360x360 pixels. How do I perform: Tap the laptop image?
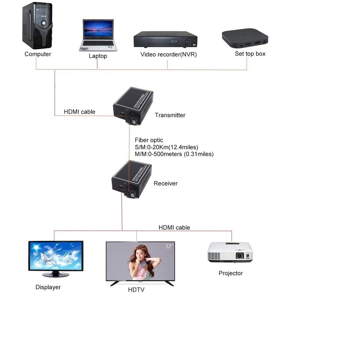pos(98,35)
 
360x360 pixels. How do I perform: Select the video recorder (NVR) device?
pos(166,39)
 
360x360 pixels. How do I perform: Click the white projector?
pos(230,252)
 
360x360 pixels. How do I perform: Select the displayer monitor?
pos(56,257)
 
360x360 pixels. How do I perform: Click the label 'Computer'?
pos(38,54)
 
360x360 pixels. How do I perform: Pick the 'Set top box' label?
pos(250,54)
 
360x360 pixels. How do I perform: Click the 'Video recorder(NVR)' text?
pos(168,55)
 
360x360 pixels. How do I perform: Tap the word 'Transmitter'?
pos(170,115)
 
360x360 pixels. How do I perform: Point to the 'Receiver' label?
pos(166,184)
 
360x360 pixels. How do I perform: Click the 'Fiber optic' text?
pos(149,140)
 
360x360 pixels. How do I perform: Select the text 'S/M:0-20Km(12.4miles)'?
pos(166,147)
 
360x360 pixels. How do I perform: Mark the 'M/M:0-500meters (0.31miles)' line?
pos(174,154)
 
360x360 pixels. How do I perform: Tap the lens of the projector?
pos(240,256)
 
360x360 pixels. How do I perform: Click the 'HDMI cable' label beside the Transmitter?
pos(80,112)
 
